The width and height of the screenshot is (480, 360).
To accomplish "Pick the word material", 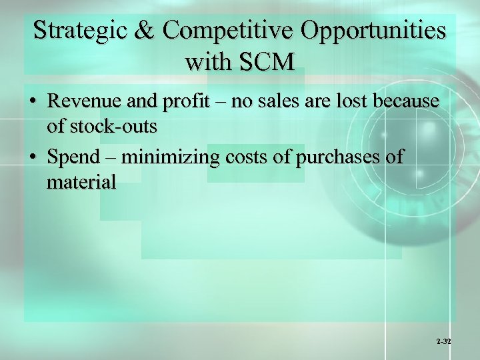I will click(x=81, y=181).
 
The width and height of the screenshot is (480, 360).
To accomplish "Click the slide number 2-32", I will click(x=444, y=341).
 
